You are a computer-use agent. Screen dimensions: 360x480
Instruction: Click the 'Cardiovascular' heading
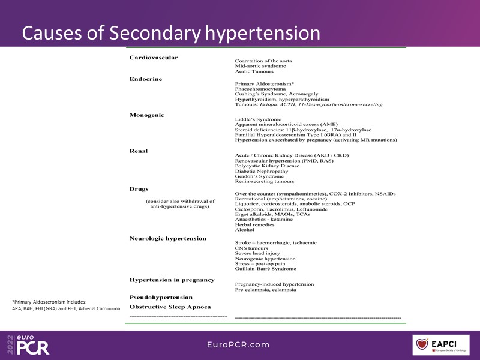point(154,58)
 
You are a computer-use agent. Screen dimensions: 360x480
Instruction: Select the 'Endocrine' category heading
point(146,79)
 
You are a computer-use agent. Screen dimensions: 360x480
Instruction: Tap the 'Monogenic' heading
point(147,115)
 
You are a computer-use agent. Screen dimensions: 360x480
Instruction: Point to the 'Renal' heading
point(139,151)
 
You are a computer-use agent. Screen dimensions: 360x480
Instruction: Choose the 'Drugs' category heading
point(139,188)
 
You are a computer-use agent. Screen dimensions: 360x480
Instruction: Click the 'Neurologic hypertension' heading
point(167,238)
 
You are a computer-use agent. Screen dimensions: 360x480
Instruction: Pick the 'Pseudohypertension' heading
point(161,297)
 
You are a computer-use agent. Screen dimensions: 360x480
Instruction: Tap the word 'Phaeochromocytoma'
point(259,89)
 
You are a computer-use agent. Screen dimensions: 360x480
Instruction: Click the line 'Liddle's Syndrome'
point(258,119)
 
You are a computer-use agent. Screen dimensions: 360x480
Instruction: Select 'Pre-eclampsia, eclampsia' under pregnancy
point(265,290)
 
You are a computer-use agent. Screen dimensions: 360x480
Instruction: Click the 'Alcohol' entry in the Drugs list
point(245,230)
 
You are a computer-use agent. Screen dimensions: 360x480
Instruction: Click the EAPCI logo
point(445,345)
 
